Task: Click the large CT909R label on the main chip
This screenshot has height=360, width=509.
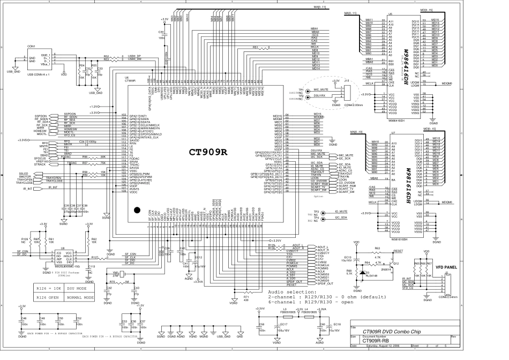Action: tap(208, 152)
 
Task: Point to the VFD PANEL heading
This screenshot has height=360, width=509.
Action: tap(445, 266)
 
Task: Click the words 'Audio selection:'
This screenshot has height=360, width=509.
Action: tap(287, 291)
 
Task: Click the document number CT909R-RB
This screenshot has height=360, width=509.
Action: tap(375, 340)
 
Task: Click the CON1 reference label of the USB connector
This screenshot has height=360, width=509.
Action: tap(31, 47)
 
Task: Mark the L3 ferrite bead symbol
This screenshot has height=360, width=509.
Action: tap(284, 317)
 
